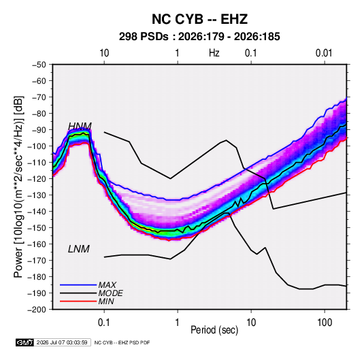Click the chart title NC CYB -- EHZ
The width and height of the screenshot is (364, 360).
pos(199,19)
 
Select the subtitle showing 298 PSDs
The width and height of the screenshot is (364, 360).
pos(199,37)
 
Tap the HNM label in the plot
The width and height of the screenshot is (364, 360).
pos(80,127)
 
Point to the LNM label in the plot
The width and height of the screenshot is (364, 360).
pos(79,249)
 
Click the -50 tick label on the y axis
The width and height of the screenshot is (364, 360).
pos(39,65)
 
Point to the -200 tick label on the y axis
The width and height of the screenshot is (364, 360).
pos(37,310)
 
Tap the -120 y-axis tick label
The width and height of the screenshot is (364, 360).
pos(37,179)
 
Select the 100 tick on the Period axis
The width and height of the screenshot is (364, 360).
pos(325,323)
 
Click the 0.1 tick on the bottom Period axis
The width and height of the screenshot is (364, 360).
pos(104,323)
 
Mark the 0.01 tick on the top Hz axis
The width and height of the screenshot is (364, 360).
pos(324,53)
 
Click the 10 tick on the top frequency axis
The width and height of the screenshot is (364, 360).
pos(104,53)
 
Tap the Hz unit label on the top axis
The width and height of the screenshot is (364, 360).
pos(214,53)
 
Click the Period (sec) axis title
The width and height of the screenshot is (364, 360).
pos(214,330)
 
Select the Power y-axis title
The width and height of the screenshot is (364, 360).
pos(18,186)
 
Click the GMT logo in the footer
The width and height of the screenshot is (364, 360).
pos(25,342)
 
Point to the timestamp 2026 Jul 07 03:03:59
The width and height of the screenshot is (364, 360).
pos(62,342)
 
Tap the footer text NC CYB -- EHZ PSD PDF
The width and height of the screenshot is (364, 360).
pos(122,342)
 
